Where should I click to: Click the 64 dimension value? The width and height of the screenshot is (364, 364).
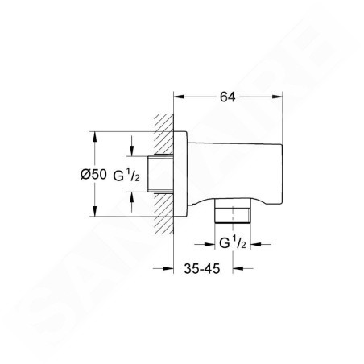pos(227,97)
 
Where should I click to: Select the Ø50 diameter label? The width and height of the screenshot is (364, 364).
pos(93,175)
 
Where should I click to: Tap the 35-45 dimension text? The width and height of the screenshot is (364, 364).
pos(202,268)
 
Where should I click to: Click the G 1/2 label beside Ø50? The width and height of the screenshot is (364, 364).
pos(126,176)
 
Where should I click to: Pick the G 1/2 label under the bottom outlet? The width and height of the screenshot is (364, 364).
pos(233,242)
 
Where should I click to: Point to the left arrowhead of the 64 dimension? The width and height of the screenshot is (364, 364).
pos(179,97)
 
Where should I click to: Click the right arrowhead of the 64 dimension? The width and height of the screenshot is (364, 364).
pos(278,97)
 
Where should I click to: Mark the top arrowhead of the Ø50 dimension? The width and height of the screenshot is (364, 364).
pos(94,137)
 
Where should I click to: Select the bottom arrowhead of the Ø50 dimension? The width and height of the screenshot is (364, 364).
pos(94,211)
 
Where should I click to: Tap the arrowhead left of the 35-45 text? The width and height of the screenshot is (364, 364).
pos(168,268)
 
